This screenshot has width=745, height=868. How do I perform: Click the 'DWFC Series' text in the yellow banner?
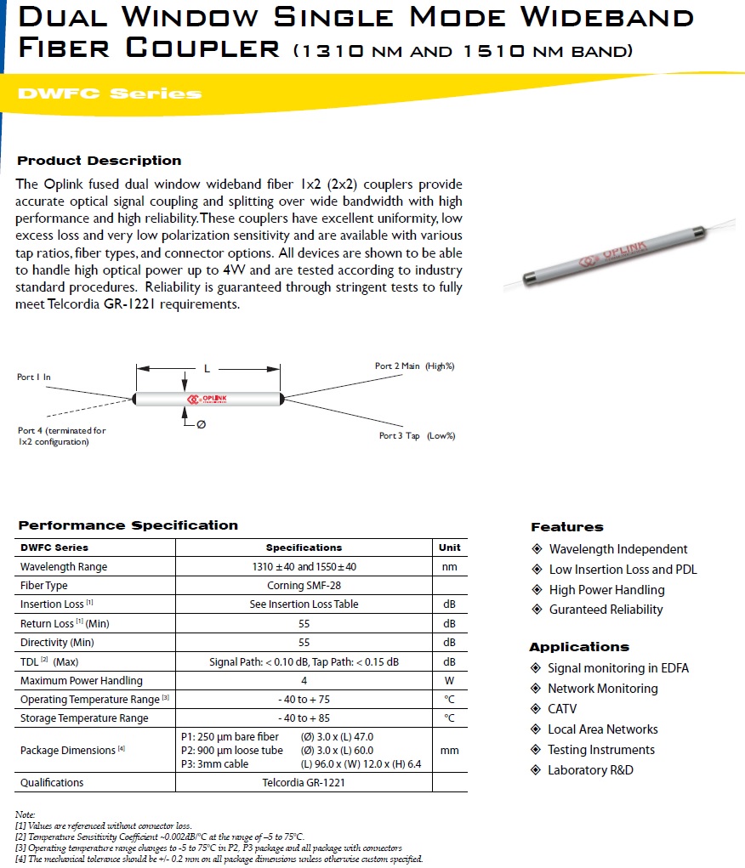110,94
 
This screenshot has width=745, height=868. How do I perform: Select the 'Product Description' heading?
100,161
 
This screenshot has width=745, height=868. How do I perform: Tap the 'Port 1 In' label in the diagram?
34,377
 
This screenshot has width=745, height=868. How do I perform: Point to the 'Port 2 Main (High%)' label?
415,366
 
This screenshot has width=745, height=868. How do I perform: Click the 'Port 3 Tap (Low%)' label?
417,436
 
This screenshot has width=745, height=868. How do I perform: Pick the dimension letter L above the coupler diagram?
207,369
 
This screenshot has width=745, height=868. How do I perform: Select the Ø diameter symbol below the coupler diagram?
201,424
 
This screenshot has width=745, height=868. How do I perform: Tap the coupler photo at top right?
606,259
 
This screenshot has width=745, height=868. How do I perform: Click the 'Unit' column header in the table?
449,547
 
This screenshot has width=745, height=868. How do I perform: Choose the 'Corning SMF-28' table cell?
304,586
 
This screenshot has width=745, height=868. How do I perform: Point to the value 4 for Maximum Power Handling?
304,680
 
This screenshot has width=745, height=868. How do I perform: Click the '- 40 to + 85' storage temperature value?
304,718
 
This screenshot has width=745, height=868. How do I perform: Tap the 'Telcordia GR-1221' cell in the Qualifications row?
304,782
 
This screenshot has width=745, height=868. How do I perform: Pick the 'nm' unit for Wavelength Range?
449,567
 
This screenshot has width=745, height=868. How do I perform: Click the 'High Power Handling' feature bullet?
606,590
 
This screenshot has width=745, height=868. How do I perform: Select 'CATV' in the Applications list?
562,709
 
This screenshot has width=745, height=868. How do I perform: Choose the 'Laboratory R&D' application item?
590,770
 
